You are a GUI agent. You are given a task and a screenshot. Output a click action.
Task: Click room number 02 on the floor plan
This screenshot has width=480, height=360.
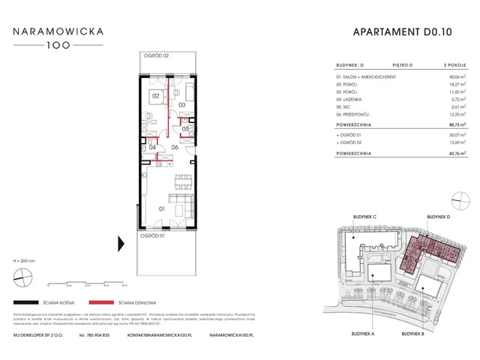click(155, 96)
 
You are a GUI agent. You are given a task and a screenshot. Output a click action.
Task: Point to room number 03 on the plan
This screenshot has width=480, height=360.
click(182, 105)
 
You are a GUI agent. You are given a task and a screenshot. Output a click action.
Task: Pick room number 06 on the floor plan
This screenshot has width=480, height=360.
click(174, 147)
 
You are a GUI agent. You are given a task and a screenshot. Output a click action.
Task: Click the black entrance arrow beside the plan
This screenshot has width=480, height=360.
click(120, 243)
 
